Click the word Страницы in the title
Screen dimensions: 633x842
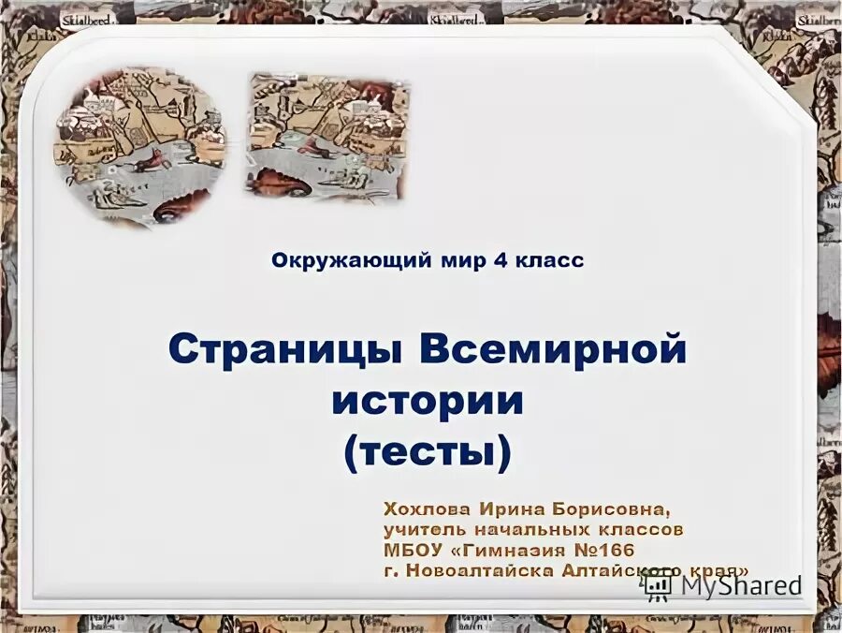(x=287, y=351)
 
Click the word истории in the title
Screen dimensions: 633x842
(x=428, y=401)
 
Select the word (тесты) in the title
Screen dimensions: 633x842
(x=428, y=452)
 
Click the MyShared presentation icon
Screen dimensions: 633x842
(x=659, y=586)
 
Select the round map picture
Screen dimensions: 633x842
(x=139, y=145)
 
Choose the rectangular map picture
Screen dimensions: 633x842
(x=327, y=137)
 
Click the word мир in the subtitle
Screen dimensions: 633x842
(x=434, y=261)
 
